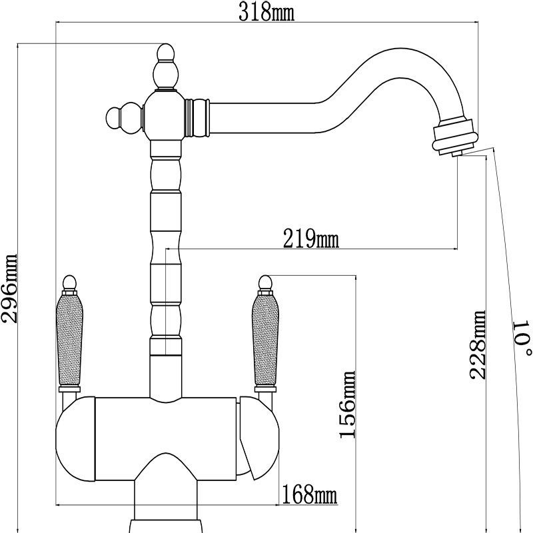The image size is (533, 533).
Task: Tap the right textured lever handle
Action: pyautogui.click(x=265, y=340)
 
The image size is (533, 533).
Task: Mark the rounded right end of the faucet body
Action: pyautogui.click(x=264, y=440)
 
